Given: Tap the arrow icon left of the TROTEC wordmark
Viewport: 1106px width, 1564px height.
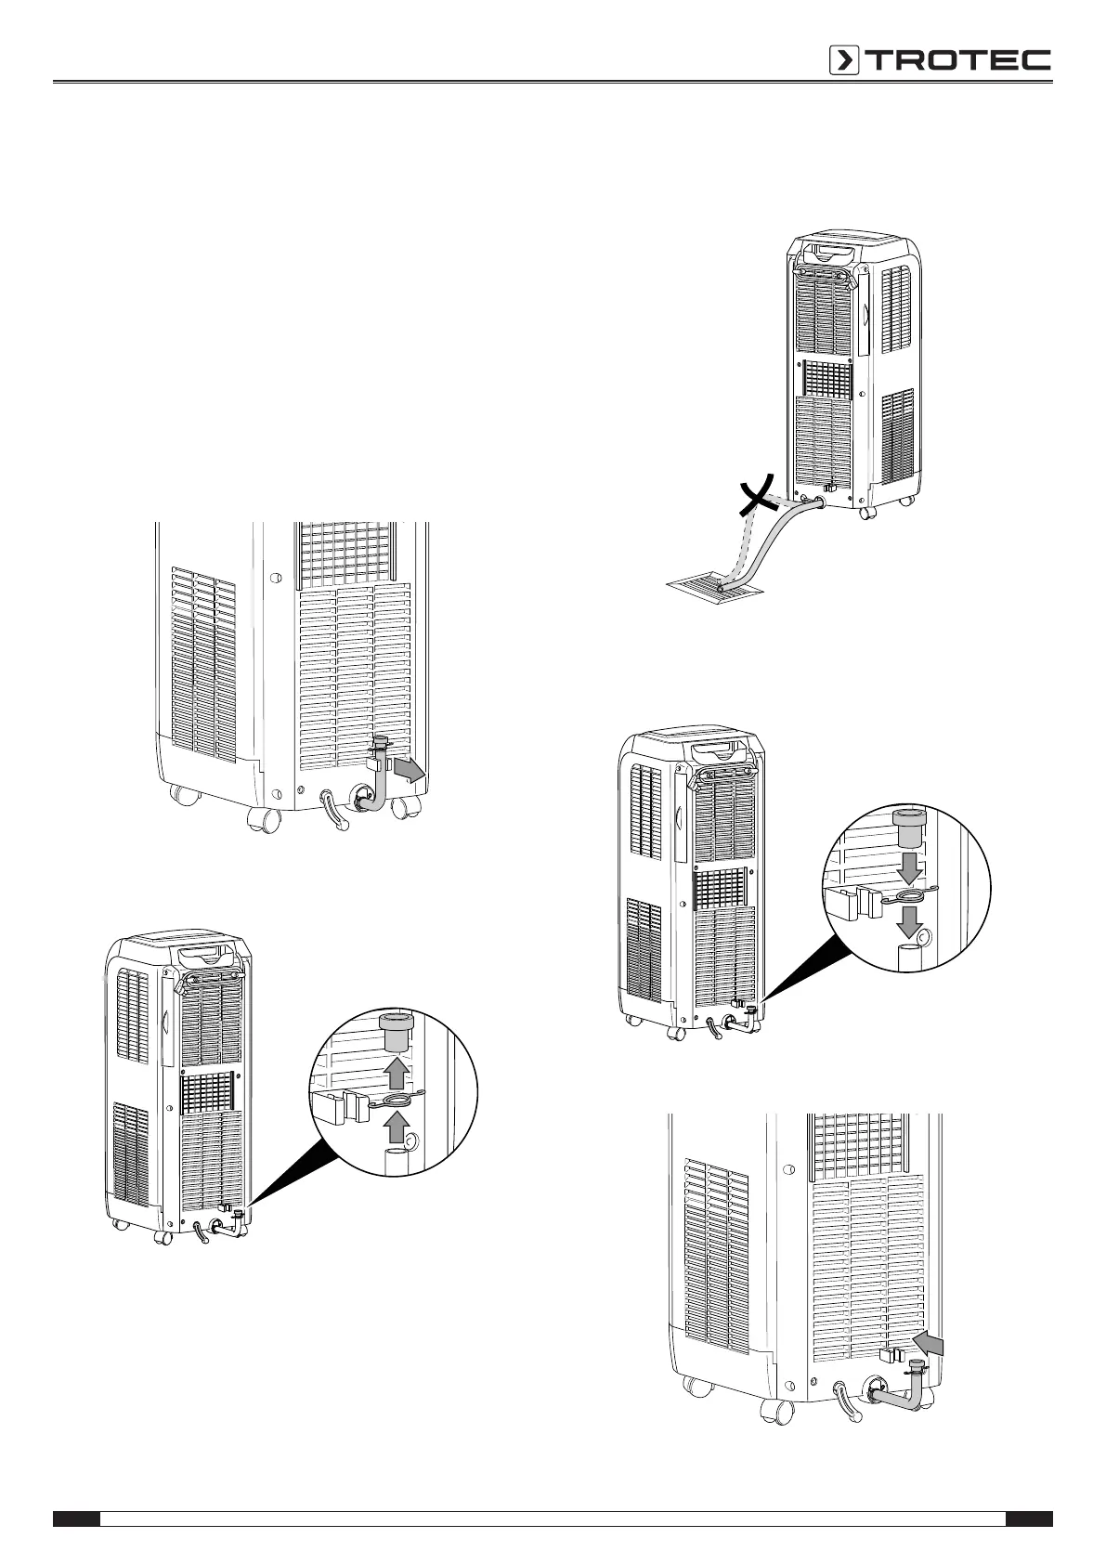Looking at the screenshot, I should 843,60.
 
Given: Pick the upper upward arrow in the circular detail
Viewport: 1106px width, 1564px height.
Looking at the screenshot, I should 396,1074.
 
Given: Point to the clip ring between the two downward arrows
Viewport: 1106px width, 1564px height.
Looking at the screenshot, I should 909,894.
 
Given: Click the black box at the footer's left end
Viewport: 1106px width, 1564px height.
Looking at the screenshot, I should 76,1518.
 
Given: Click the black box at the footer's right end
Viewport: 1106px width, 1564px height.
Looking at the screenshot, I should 1029,1518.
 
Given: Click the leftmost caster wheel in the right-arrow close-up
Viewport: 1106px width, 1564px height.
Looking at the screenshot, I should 180,796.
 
